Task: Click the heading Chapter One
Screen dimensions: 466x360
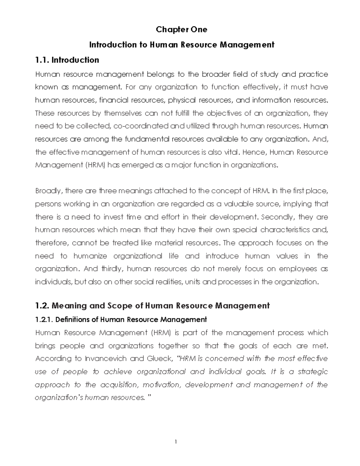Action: click(181, 29)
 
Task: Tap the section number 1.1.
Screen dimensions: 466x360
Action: click(42, 60)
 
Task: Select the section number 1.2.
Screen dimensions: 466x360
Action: click(42, 306)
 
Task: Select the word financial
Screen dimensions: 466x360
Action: click(111, 100)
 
